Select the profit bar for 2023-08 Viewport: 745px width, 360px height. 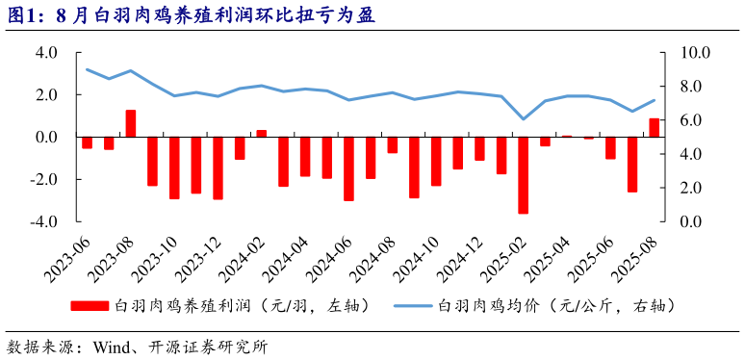[131, 123]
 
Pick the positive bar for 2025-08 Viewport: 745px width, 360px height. [655, 127]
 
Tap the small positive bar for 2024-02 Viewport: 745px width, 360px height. [262, 133]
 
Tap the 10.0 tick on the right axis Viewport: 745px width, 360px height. [696, 53]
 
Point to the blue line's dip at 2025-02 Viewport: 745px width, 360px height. [524, 119]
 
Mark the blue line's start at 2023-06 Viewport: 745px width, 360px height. [87, 69]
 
